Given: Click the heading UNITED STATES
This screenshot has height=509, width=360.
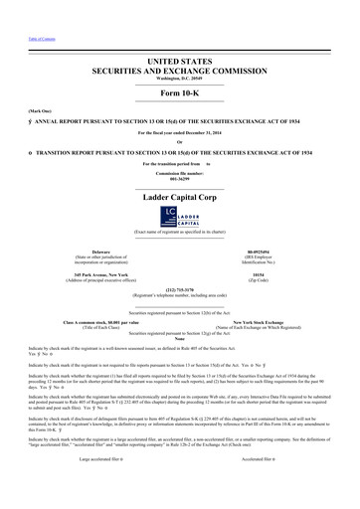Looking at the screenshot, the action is (179, 62).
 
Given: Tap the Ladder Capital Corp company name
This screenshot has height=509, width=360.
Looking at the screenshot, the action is (179, 198).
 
